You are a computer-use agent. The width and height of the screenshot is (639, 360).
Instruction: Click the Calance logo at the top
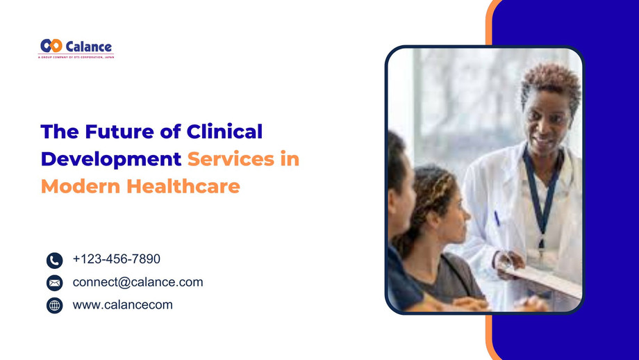[x=76, y=46]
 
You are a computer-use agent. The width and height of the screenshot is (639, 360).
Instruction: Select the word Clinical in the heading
[x=226, y=131]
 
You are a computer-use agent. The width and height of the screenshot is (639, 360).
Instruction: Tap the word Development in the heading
[x=111, y=159]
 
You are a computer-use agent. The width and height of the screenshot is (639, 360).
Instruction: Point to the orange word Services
[x=230, y=159]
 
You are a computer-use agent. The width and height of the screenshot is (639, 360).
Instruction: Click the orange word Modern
[x=78, y=186]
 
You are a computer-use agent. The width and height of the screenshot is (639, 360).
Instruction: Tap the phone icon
[x=55, y=261]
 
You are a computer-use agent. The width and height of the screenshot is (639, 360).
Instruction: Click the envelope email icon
[x=55, y=283]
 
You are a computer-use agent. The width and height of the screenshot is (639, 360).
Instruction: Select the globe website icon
[x=55, y=305]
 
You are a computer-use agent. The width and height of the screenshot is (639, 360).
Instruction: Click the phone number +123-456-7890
[x=116, y=259]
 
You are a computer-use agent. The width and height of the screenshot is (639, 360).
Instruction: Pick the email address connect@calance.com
[x=138, y=282]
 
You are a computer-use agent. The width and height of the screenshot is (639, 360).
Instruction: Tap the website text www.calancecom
[x=122, y=304]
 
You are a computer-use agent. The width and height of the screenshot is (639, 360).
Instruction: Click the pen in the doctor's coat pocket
[x=497, y=218]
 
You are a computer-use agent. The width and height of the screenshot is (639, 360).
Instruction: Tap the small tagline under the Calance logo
[x=76, y=57]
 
